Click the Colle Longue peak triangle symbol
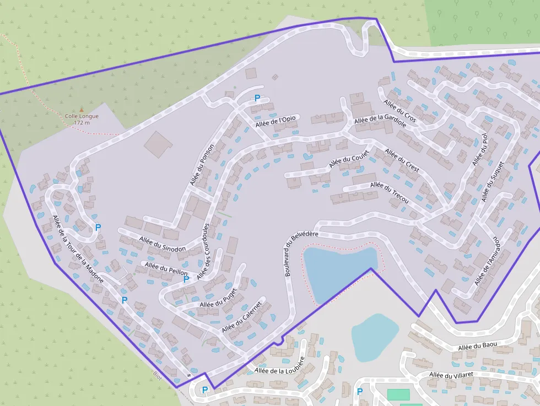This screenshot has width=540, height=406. (x=82, y=110)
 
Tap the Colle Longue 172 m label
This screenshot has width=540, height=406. (x=82, y=119)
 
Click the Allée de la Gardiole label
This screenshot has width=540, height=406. (x=380, y=121)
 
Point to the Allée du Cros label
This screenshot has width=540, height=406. (x=400, y=111)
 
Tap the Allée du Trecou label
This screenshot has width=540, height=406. (x=389, y=193)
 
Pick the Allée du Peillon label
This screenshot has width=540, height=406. (x=166, y=269)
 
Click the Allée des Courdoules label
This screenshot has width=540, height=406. (x=203, y=251)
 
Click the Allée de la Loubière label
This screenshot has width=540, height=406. (x=279, y=370)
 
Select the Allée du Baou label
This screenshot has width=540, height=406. (x=477, y=346)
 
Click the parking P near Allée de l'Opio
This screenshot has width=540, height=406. (x=257, y=99)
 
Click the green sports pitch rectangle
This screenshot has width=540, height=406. (x=398, y=394)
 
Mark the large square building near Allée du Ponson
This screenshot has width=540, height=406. (x=158, y=144)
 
